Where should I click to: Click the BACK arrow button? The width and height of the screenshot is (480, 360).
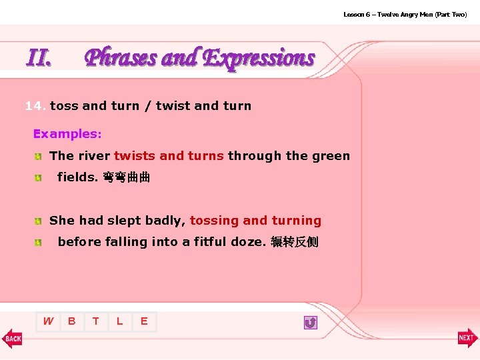click(12, 338)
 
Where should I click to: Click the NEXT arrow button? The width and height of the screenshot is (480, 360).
click(467, 338)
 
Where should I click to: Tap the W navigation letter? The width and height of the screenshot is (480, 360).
click(48, 321)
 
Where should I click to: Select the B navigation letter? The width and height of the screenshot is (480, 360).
click(72, 321)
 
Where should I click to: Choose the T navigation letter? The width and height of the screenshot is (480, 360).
click(96, 321)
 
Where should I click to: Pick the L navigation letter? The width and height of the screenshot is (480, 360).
click(120, 321)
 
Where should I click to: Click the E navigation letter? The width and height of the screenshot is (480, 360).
click(144, 321)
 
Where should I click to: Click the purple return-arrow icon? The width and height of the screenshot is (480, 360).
click(310, 323)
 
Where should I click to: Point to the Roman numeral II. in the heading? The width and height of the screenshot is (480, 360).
click(39, 59)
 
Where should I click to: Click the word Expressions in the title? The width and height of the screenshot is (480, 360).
click(259, 59)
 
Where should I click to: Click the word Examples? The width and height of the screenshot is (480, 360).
click(67, 134)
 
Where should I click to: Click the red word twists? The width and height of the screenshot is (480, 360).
click(135, 156)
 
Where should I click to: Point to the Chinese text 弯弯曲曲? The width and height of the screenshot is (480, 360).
click(126, 178)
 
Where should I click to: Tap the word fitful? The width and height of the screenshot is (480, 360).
click(211, 242)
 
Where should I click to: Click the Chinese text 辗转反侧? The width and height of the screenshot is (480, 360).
click(295, 242)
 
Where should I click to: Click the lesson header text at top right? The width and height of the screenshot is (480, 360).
click(405, 14)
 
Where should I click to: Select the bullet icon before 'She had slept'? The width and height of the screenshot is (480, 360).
click(40, 221)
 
